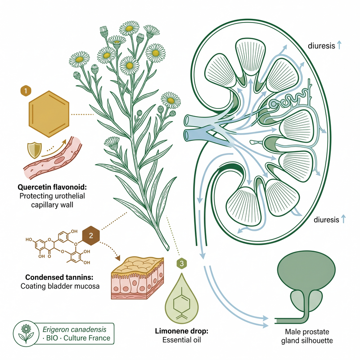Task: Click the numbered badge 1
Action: click(26, 91)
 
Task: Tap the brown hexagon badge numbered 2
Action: click(91, 235)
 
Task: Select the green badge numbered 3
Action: click(182, 263)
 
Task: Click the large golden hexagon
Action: click(49, 114)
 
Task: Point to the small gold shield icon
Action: click(35, 150)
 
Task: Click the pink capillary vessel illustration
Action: click(53, 158)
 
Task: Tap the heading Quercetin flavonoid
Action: click(52, 187)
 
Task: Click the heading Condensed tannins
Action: click(59, 277)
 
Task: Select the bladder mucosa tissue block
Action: click(137, 278)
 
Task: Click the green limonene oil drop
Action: click(182, 298)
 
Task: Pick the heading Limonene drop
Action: click(182, 331)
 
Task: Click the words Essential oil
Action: click(182, 340)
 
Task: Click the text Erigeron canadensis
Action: click(74, 329)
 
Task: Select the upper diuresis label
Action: click(321, 46)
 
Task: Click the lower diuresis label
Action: click(326, 220)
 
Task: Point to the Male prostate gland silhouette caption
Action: click(307, 336)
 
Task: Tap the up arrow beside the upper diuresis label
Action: click(339, 45)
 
